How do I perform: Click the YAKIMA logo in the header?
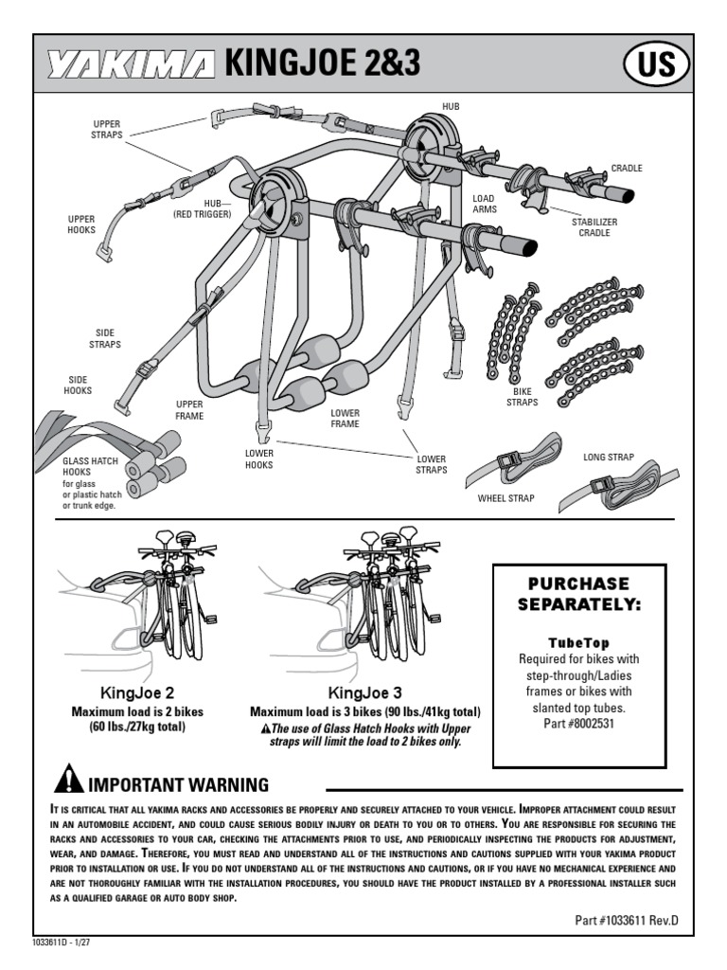pos(133,63)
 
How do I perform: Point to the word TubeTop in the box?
pos(579,642)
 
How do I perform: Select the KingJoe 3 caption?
pos(364,692)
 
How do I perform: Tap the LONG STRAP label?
pos(609,458)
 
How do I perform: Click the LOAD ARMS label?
pos(484,205)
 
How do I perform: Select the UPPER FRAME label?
pos(189,410)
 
